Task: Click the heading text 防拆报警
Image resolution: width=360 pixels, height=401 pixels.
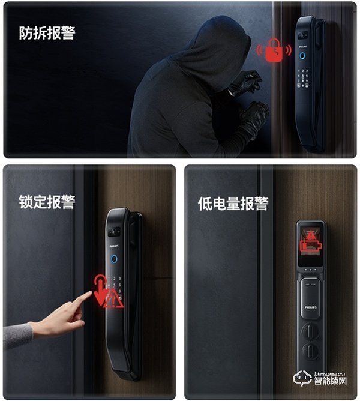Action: click(x=47, y=32)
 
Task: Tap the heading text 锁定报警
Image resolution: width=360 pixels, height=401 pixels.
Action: click(x=47, y=201)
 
